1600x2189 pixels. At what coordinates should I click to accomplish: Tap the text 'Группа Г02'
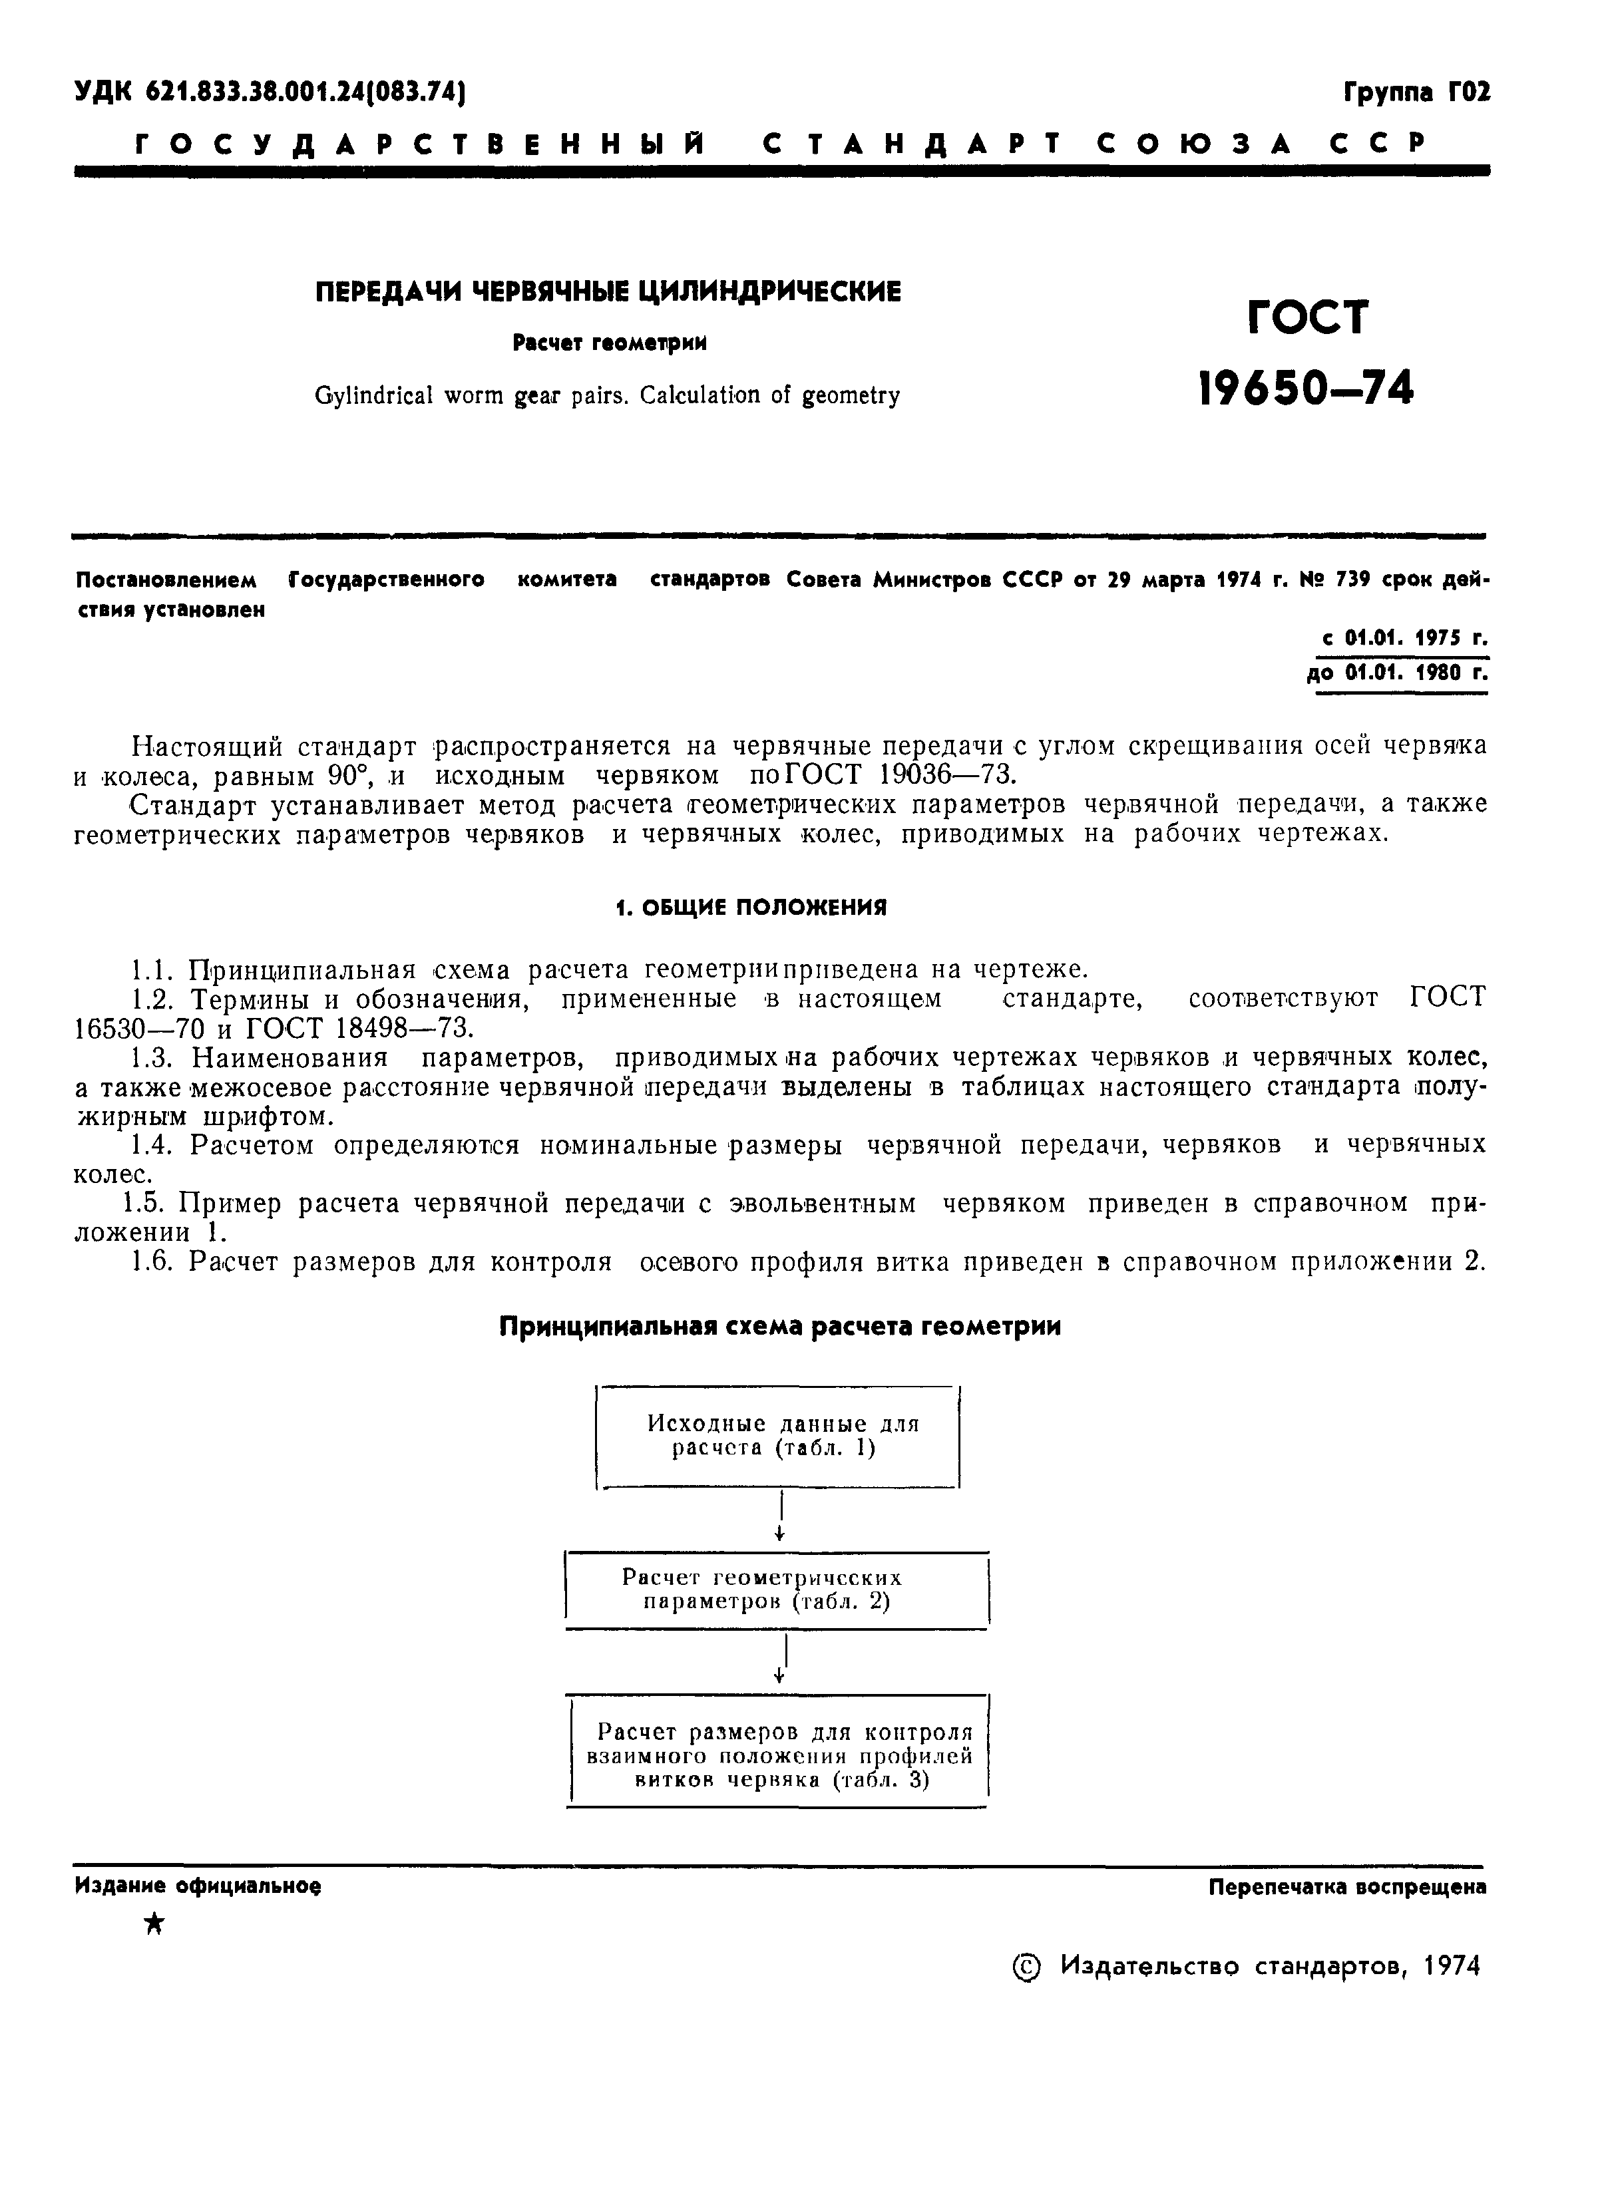pos(1416,93)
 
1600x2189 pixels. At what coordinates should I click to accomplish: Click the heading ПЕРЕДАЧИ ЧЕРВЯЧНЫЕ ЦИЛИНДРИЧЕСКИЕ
pos(608,291)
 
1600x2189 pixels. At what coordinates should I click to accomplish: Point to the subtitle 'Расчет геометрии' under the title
pos(609,343)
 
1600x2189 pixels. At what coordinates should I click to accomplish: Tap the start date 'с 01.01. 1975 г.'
pos(1404,639)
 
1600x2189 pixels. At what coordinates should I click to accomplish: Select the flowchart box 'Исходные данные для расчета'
pos(778,1436)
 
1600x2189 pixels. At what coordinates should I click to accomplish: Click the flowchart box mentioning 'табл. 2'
pos(776,1589)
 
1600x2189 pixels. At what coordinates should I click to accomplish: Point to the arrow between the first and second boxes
pos(779,1517)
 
